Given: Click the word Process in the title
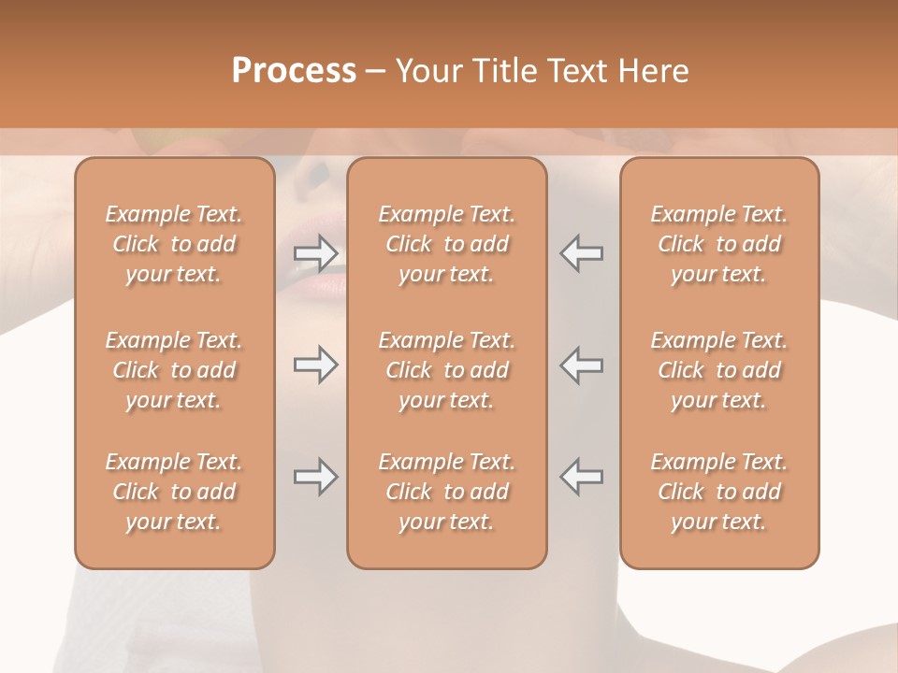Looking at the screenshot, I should (x=294, y=70).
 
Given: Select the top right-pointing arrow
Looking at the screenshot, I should (x=316, y=252).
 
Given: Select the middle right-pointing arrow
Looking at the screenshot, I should (x=316, y=365).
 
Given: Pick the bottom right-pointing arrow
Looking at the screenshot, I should (x=316, y=477).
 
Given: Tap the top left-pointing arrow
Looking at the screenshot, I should (x=581, y=252).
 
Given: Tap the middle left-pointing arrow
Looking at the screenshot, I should (x=581, y=365).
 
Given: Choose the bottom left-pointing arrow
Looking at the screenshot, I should (x=581, y=477).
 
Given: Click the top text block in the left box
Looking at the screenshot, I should (x=174, y=244).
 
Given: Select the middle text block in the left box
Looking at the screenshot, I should (x=174, y=370).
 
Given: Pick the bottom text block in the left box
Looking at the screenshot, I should (x=174, y=492).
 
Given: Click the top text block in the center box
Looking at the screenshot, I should (x=447, y=244).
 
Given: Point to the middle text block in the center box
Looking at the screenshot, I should (x=447, y=370).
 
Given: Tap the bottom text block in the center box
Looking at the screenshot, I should (x=447, y=492).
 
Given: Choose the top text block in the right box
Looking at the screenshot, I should (x=719, y=244).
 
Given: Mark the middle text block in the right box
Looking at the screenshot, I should (x=719, y=370).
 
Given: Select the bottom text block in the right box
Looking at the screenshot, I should (x=719, y=492).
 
